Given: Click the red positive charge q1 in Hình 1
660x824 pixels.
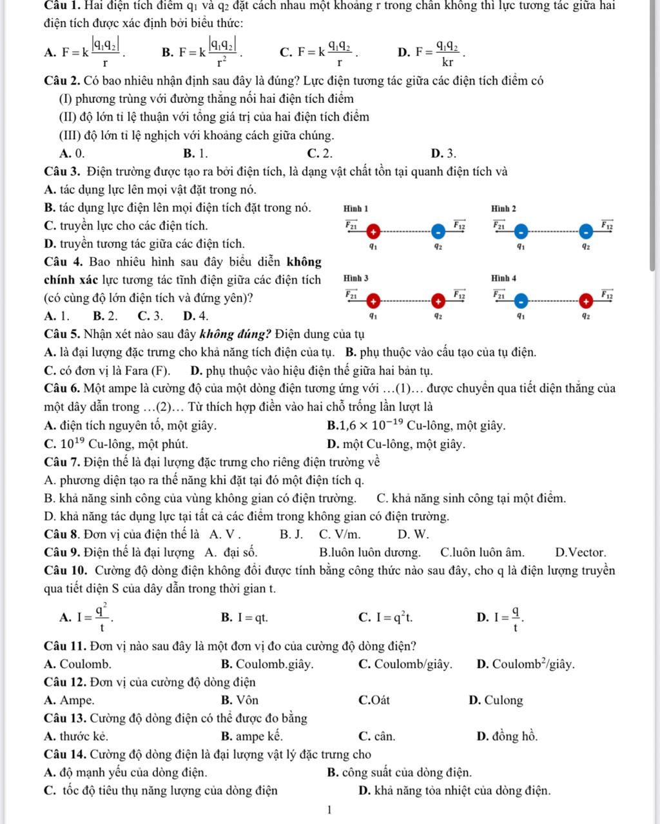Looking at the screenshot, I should click(x=373, y=231).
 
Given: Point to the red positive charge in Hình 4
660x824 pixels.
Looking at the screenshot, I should click(x=586, y=301).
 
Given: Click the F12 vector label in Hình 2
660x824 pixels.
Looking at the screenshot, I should click(x=606, y=224).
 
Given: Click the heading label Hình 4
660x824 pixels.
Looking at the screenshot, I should click(x=503, y=278).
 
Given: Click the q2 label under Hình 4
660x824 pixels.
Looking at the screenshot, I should click(x=585, y=316).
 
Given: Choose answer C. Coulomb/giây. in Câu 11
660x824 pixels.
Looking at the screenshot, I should click(x=405, y=664).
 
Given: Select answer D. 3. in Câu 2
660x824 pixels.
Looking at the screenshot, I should click(x=443, y=153).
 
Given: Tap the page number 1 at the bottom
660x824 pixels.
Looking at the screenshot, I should click(x=329, y=810).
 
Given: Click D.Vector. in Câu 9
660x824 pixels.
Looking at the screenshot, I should click(x=580, y=553).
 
